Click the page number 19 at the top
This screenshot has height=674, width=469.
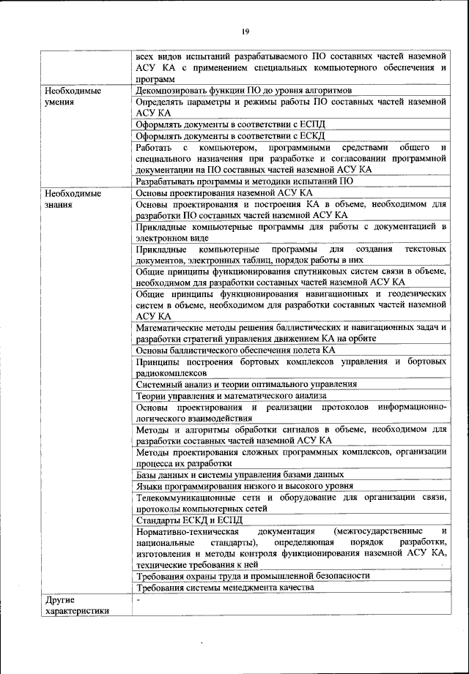[x=244, y=30]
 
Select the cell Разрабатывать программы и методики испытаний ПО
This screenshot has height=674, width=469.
[x=245, y=180]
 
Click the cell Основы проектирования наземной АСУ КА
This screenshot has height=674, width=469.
[x=224, y=192]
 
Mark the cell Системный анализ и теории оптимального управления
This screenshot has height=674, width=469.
[x=247, y=383]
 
